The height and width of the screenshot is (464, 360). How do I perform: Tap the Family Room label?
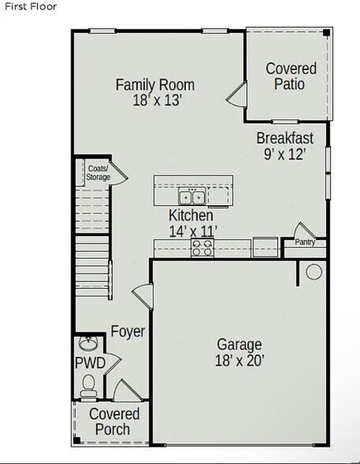(x=155, y=84)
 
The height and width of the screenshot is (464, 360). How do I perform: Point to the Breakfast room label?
(x=284, y=138)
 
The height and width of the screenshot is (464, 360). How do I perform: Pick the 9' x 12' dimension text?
(x=284, y=154)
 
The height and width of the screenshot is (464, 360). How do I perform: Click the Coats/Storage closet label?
(x=98, y=173)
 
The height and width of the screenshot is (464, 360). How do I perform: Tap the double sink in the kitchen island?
(x=192, y=196)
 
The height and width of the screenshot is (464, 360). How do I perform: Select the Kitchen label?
(x=190, y=215)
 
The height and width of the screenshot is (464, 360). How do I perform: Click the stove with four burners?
(x=202, y=248)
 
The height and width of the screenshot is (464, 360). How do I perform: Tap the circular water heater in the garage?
(x=313, y=272)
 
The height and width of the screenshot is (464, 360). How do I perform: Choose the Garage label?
(x=240, y=345)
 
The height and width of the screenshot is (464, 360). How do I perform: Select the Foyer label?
(x=127, y=331)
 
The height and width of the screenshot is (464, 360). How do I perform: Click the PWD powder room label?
(x=89, y=363)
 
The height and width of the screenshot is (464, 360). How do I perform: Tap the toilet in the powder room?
(x=89, y=384)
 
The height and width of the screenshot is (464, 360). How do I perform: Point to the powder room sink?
(x=88, y=344)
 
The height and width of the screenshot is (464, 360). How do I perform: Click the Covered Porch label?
(x=114, y=421)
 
